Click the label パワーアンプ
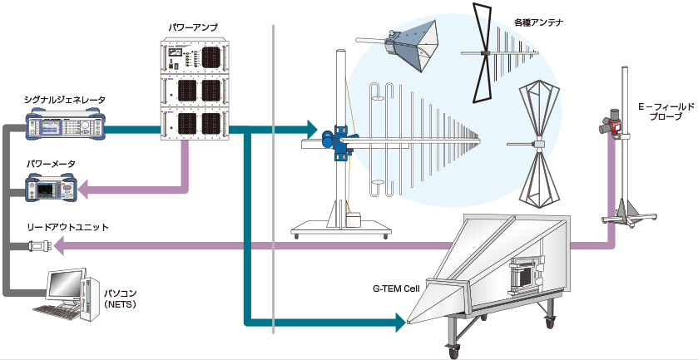[193, 28]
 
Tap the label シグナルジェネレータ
[64, 100]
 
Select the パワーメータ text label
[50, 163]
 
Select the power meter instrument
[50, 190]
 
